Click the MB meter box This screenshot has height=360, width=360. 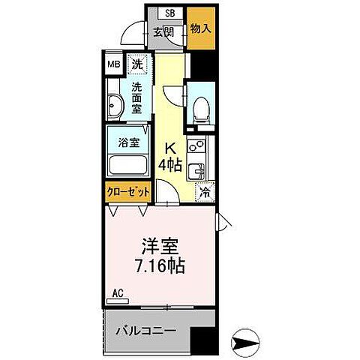(112, 64)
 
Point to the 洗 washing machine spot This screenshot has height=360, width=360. (136, 64)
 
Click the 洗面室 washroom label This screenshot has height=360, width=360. (138, 98)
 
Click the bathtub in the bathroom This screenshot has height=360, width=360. (128, 165)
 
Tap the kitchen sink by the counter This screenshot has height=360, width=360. (200, 170)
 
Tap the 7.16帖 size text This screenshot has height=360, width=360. (160, 265)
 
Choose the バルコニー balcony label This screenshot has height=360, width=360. (145, 329)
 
